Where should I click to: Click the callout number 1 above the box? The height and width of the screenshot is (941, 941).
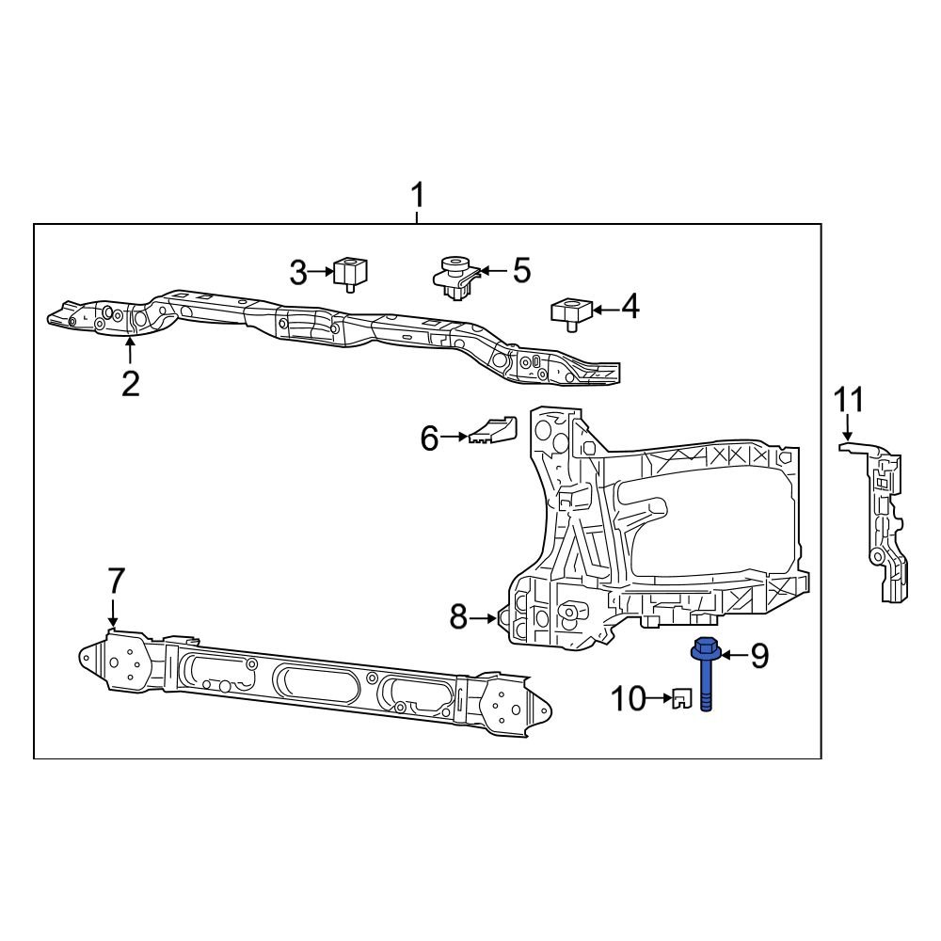[x=417, y=197]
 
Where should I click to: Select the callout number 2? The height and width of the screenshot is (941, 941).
[x=130, y=383]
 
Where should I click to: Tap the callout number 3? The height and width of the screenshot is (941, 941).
[x=298, y=274]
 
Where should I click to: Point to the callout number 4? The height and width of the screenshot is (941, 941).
[x=629, y=307]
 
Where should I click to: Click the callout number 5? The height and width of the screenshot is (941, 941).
[x=520, y=271]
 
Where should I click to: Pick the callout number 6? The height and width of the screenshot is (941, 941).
[x=429, y=438]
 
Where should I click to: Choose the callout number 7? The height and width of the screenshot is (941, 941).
[x=115, y=581]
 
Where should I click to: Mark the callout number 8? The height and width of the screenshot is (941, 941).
[x=458, y=617]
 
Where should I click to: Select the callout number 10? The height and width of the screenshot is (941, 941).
[x=630, y=698]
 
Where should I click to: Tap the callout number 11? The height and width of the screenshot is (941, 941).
[x=847, y=399]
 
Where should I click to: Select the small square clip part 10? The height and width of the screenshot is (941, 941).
[x=682, y=698]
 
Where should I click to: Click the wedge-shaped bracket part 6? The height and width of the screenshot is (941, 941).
[x=493, y=429]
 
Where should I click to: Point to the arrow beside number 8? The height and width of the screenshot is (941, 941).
[x=486, y=618]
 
